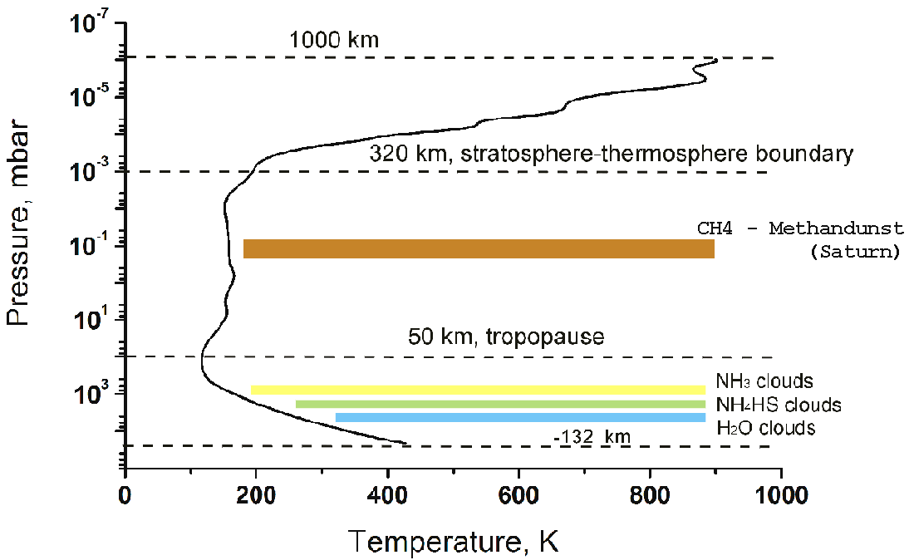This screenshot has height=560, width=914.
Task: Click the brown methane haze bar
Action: coord(479,248)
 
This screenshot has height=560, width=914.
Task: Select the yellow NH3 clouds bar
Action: coord(478,390)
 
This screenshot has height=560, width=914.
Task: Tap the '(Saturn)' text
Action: coord(854,252)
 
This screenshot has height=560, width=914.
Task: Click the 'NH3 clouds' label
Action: coord(764,382)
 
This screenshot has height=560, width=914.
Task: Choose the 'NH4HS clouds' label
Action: coord(778,405)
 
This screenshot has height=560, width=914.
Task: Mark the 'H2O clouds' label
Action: coord(765,429)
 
